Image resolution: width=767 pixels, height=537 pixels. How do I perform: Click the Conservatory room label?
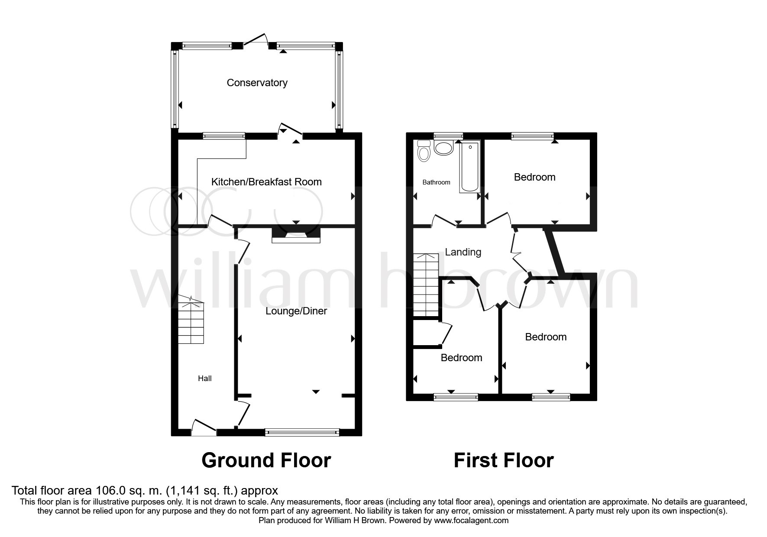coord(257,83)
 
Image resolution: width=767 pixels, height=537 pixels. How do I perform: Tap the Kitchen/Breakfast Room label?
coord(266,182)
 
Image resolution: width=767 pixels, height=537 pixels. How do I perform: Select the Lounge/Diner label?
coord(296,311)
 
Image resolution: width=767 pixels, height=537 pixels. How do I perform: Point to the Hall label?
coord(205,378)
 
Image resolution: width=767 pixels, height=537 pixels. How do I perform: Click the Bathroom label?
coord(436,182)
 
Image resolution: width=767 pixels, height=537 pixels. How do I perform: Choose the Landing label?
coord(463,252)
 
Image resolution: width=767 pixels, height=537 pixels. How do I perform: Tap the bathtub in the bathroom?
coord(470,166)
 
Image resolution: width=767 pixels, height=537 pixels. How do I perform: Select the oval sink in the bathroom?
coord(443,149)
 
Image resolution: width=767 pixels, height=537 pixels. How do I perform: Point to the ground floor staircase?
coord(191,320)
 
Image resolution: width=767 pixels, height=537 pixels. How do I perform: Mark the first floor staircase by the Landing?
coord(426,285)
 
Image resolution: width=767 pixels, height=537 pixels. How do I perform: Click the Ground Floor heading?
coord(266,460)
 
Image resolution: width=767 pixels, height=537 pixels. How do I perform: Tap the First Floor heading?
coord(504,460)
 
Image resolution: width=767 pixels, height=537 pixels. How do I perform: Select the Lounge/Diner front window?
coord(302,432)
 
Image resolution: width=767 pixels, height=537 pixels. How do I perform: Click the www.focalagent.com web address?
coord(472,521)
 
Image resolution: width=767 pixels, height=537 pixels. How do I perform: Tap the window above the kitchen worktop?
coord(224,136)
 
